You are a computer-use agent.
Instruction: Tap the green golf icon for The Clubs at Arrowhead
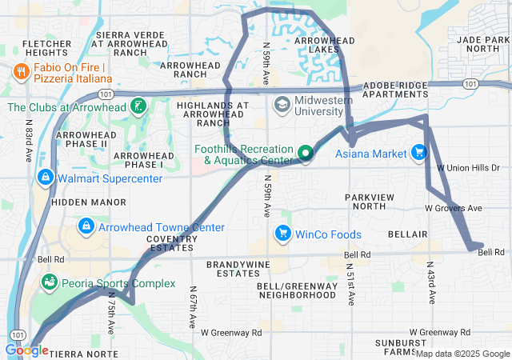(138, 106)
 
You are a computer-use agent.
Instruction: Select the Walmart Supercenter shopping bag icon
(46, 176)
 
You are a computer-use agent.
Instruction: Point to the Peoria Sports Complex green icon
(50, 282)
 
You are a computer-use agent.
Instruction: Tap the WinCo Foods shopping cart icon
(282, 234)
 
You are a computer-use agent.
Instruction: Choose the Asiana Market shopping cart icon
(418, 152)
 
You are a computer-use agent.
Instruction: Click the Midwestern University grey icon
(282, 104)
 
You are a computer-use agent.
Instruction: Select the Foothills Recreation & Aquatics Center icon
(305, 153)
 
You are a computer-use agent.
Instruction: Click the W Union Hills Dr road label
(469, 168)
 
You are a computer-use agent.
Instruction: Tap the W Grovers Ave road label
(453, 208)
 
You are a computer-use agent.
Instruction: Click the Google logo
(26, 350)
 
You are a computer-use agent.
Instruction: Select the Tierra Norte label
(82, 353)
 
